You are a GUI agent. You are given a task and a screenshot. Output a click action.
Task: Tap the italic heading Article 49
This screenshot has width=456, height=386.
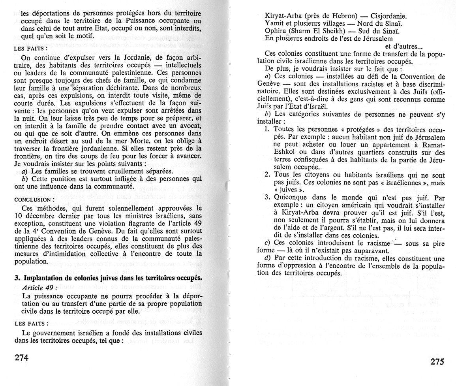(39, 287)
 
